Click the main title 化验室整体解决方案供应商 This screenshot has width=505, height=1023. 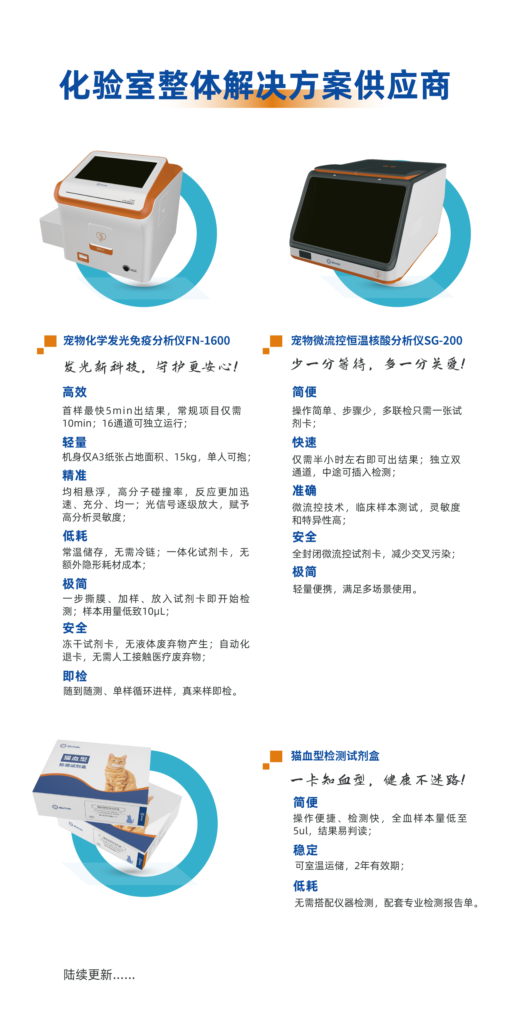point(254,85)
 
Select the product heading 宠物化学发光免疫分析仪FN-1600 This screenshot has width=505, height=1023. point(147,341)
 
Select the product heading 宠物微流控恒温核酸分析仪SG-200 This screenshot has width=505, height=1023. point(376,341)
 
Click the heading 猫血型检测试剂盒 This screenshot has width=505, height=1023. point(335,756)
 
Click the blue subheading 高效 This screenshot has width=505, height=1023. point(75,392)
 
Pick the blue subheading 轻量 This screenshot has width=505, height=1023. point(75,442)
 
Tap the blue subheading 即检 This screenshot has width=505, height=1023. point(75,676)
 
